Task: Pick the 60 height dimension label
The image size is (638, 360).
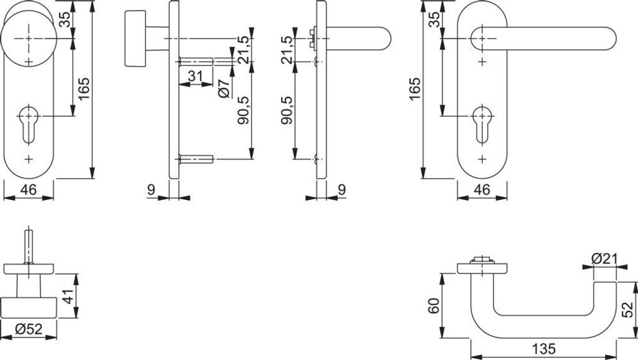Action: tap(434, 305)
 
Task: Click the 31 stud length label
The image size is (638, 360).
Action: tap(196, 77)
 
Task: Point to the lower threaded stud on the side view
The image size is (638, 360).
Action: tap(196, 160)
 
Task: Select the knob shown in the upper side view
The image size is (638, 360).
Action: tap(136, 39)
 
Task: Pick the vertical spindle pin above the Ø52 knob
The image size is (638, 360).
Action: tap(29, 246)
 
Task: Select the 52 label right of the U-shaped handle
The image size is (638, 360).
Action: tap(629, 307)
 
